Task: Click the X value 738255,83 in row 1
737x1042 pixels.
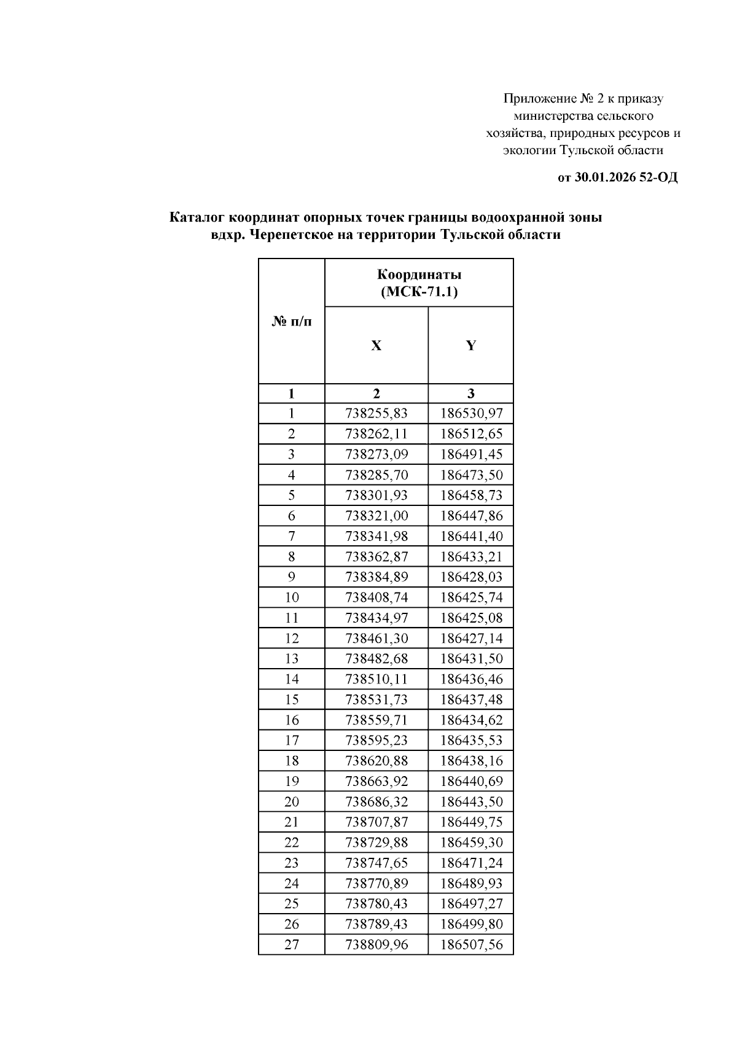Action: tap(376, 414)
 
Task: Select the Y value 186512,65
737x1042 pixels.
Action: tap(471, 434)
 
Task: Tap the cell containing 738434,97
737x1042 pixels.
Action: tap(376, 618)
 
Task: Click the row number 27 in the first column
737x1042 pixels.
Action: tap(291, 944)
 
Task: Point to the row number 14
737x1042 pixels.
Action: tap(291, 679)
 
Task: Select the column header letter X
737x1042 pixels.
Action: tap(376, 346)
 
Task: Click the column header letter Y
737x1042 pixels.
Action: tap(470, 346)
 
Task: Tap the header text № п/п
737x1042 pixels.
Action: tap(291, 322)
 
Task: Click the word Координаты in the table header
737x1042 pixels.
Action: tap(419, 274)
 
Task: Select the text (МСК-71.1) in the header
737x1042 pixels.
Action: tap(419, 292)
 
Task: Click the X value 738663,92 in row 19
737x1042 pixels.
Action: tap(376, 782)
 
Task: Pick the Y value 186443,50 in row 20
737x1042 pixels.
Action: tap(471, 802)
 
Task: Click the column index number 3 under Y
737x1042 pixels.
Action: tap(470, 394)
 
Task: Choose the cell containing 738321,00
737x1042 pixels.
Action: tap(376, 516)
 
